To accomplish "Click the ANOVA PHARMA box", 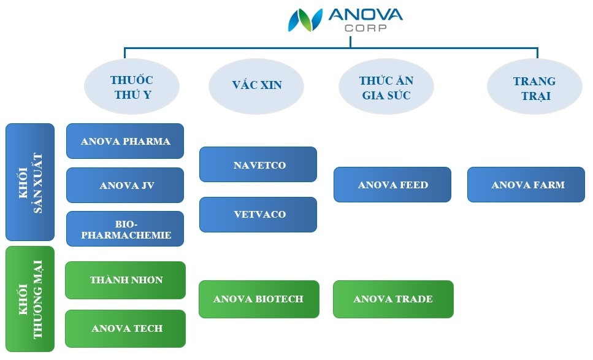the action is (x=125, y=141).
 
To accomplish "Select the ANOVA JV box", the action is (x=125, y=185).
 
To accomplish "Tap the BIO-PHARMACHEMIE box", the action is (x=125, y=229).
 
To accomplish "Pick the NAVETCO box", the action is (x=258, y=164).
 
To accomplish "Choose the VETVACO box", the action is (x=258, y=215).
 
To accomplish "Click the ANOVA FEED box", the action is (x=392, y=185).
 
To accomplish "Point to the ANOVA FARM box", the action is (x=526, y=185).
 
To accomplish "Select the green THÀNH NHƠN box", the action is (x=126, y=280).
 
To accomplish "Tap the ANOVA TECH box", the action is (x=126, y=329).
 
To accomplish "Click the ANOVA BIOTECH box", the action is (x=259, y=299).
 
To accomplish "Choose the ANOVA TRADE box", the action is (x=393, y=299).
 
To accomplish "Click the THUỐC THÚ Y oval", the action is (x=132, y=86).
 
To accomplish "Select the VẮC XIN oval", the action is (x=256, y=86).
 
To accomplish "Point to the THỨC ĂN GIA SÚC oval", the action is (x=386, y=86).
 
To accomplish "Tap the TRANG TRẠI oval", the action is (x=535, y=86).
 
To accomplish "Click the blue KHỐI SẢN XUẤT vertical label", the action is (x=30, y=182).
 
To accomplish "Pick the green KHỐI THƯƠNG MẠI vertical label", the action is (x=30, y=299).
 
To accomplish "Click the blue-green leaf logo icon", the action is (x=305, y=20).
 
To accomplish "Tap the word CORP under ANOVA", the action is (x=365, y=28).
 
